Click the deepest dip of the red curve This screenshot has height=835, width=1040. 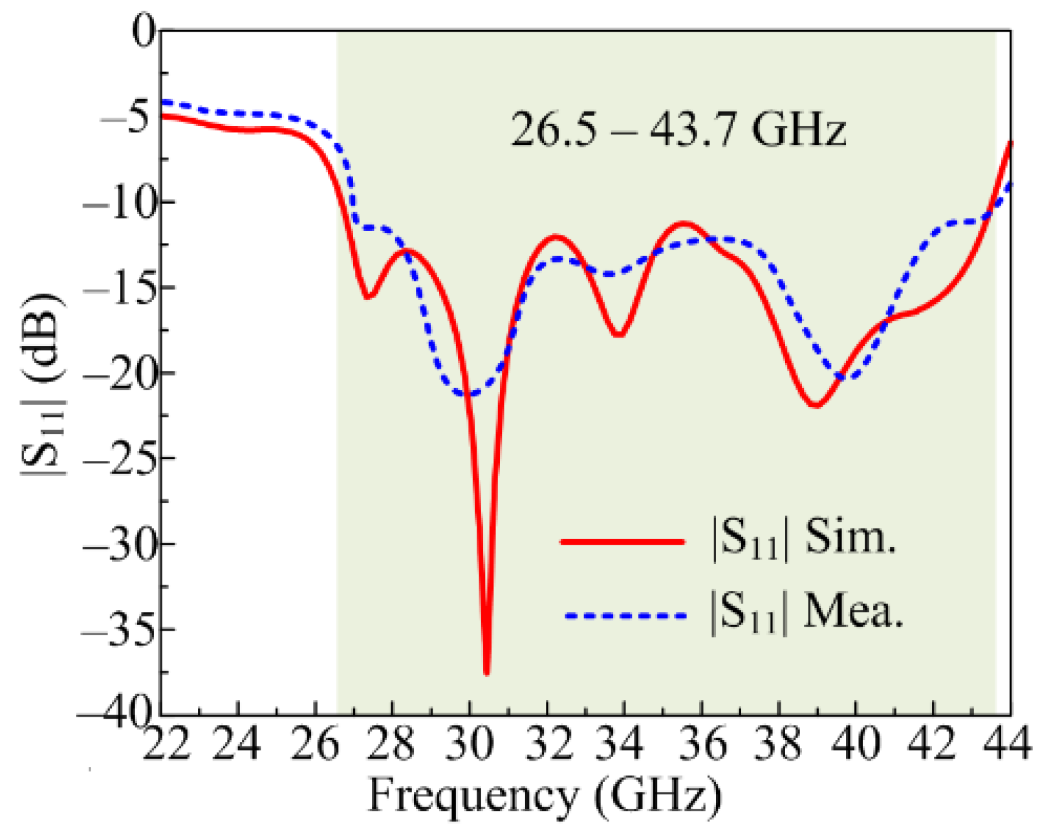[486, 673]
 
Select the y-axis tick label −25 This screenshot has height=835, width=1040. [118, 458]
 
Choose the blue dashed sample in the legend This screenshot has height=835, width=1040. [625, 616]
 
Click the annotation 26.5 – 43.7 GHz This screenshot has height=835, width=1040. [678, 129]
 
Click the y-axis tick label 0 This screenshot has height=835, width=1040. [144, 31]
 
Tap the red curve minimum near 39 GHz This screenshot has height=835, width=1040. [816, 406]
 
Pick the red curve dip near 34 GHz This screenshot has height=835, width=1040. [619, 335]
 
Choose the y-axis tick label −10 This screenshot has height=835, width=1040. [118, 202]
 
